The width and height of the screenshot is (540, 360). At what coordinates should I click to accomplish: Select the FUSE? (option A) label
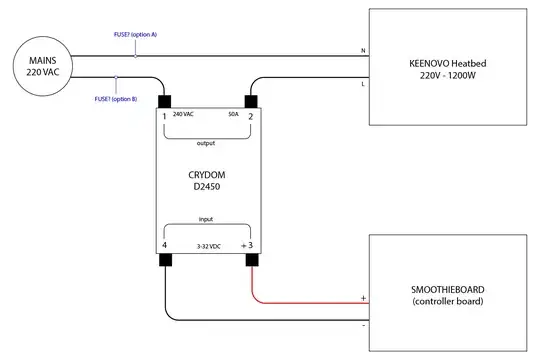click(x=136, y=35)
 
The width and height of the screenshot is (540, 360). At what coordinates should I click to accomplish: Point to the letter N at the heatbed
click(x=361, y=51)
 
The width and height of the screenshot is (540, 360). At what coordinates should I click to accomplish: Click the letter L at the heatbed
click(x=361, y=84)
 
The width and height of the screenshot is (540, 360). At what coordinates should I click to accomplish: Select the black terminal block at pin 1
click(x=165, y=104)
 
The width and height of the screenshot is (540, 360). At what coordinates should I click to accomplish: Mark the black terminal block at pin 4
click(x=165, y=261)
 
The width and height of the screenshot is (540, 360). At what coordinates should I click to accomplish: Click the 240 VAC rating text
click(x=184, y=115)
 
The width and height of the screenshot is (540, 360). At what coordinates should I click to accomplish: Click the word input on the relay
click(x=207, y=218)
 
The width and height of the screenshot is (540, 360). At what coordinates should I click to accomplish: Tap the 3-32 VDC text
click(x=207, y=245)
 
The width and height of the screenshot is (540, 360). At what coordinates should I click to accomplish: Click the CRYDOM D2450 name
click(x=207, y=180)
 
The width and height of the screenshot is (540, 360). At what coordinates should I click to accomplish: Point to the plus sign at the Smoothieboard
click(x=362, y=297)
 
